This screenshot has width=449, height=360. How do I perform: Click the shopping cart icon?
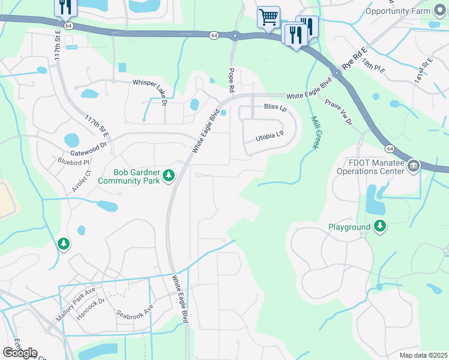(268, 16)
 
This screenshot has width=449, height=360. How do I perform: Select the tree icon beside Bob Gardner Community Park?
(170, 175)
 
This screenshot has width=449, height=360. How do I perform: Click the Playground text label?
(349, 227)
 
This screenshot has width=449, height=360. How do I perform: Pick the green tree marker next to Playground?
(379, 226)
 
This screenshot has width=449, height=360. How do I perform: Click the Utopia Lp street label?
(269, 137)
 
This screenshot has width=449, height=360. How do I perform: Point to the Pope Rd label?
(231, 80)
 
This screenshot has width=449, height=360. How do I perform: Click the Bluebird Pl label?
(73, 162)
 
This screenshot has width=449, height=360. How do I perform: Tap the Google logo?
(20, 352)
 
